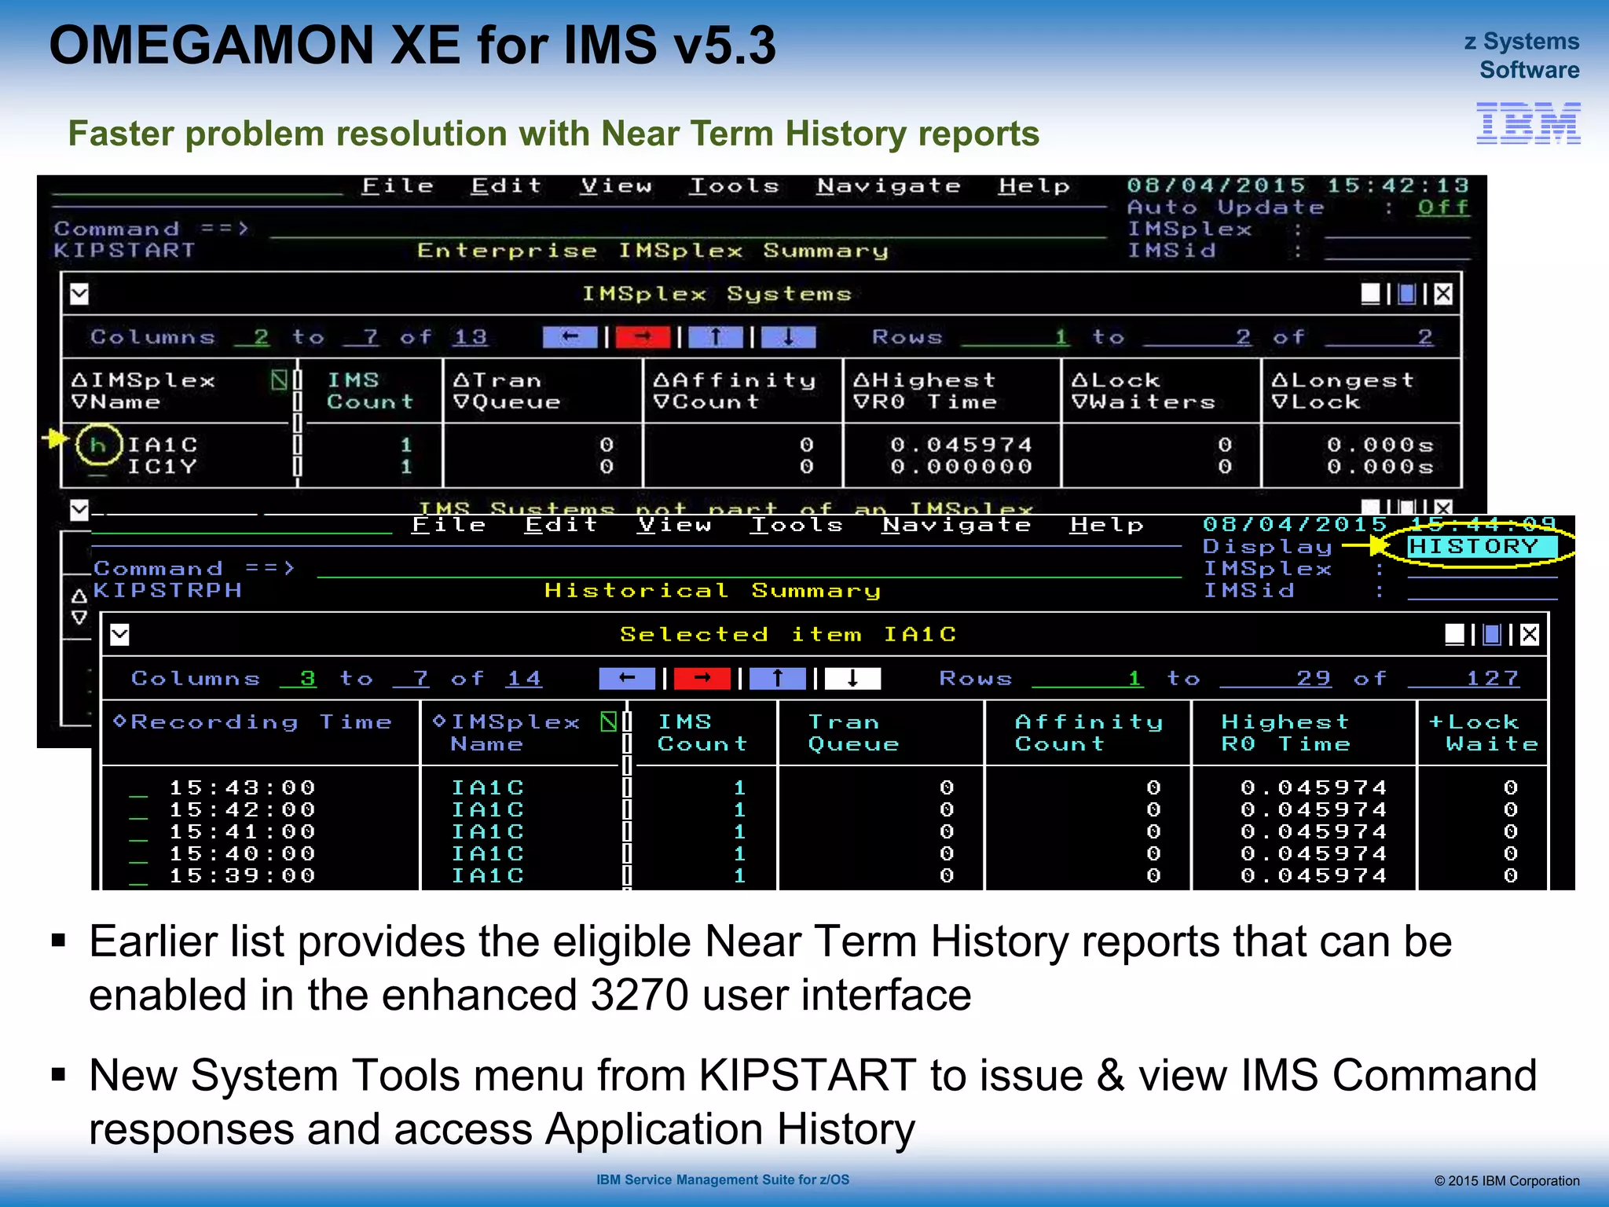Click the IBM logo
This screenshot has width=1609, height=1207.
(x=1528, y=123)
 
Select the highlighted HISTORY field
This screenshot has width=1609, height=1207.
(x=1474, y=546)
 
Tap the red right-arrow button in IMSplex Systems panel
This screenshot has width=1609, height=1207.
(x=643, y=337)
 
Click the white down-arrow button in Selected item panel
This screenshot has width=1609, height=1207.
(x=852, y=678)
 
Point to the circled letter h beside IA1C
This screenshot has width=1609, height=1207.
(x=98, y=446)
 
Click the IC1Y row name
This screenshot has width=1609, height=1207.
(x=163, y=467)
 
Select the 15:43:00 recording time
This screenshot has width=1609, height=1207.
(x=242, y=787)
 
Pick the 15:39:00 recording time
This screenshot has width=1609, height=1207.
(x=242, y=875)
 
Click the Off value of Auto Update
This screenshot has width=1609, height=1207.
(x=1442, y=207)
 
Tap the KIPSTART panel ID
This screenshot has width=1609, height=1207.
(x=124, y=251)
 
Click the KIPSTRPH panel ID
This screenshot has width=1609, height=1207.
(x=167, y=590)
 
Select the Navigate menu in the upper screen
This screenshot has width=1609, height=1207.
(x=889, y=186)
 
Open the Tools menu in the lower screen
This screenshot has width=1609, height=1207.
(x=797, y=525)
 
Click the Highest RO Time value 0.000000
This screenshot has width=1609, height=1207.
(x=961, y=467)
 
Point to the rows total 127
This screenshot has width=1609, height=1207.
(x=1493, y=678)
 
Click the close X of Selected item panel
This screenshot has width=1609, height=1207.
(x=1529, y=634)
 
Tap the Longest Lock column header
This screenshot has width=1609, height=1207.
(x=1343, y=391)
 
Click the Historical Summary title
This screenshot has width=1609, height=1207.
(x=713, y=590)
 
